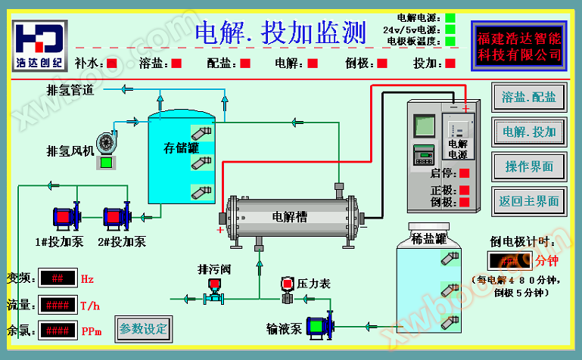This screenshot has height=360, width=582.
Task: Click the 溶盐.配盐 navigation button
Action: (529, 97)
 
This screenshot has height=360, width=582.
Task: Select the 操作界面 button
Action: (529, 166)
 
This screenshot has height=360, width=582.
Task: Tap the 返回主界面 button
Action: (529, 201)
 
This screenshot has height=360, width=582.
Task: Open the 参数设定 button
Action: (143, 329)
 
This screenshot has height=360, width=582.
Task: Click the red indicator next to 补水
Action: (112, 64)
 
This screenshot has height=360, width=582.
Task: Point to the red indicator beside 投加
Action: (451, 64)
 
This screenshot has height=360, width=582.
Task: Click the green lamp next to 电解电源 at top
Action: (450, 17)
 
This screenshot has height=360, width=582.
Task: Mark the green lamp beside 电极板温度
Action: (450, 42)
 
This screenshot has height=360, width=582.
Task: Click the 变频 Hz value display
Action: (58, 278)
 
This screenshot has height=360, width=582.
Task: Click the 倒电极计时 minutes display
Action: (510, 261)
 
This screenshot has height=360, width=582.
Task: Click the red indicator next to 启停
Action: (464, 173)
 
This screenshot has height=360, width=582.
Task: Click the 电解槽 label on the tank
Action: (290, 216)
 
